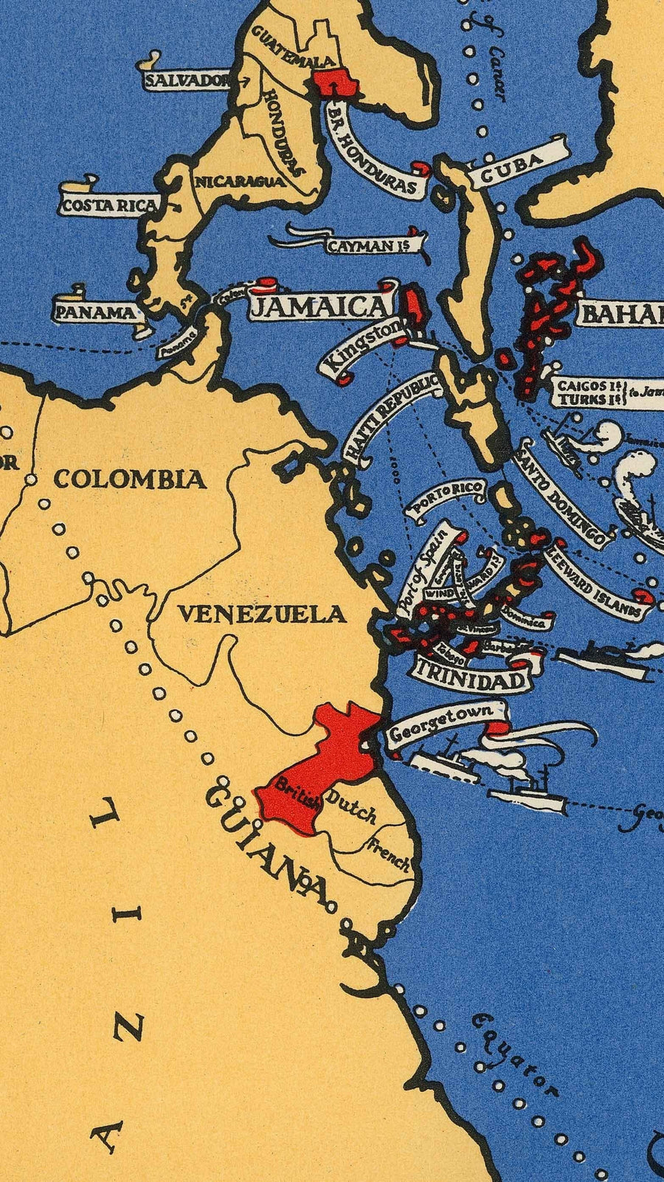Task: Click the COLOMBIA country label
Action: pos(130,480)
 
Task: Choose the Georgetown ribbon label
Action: pos(440,725)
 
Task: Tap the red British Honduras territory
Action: pos(336,83)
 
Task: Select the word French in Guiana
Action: pos(390,854)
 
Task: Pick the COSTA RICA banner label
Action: pos(109,206)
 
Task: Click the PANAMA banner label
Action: pos(95,312)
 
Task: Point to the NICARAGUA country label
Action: pos(239,182)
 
